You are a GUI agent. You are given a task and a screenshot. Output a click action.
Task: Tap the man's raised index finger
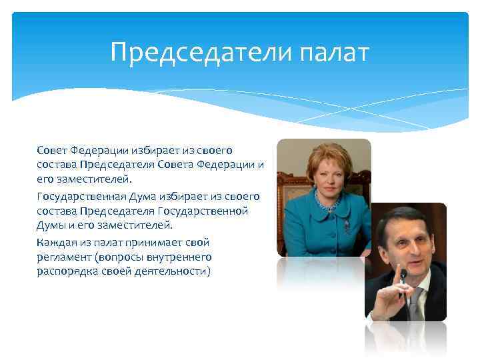(x=403, y=275)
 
